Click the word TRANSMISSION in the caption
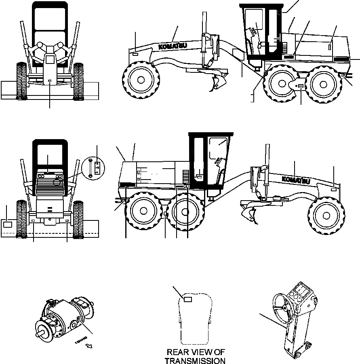(195, 360)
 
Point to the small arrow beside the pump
(89, 346)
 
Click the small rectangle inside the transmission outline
(187, 299)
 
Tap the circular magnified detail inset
(93, 168)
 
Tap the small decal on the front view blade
(49, 81)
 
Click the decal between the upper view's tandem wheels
(301, 86)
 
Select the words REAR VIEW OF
(195, 352)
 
